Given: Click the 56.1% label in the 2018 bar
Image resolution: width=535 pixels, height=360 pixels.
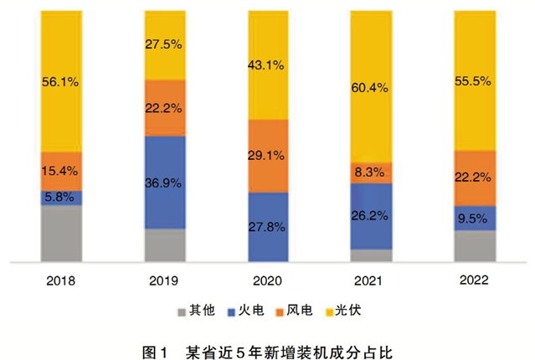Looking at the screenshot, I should click(x=60, y=82).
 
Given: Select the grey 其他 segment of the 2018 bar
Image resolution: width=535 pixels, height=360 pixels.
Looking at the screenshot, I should click(x=61, y=232).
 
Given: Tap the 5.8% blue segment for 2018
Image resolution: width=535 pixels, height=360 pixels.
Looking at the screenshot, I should click(x=61, y=198).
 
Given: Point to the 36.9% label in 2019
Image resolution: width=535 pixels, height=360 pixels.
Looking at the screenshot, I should click(x=164, y=183).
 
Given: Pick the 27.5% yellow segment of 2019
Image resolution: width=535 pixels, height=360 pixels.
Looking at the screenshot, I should click(x=164, y=45).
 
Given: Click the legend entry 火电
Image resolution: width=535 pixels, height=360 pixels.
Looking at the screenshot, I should click(x=252, y=311).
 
